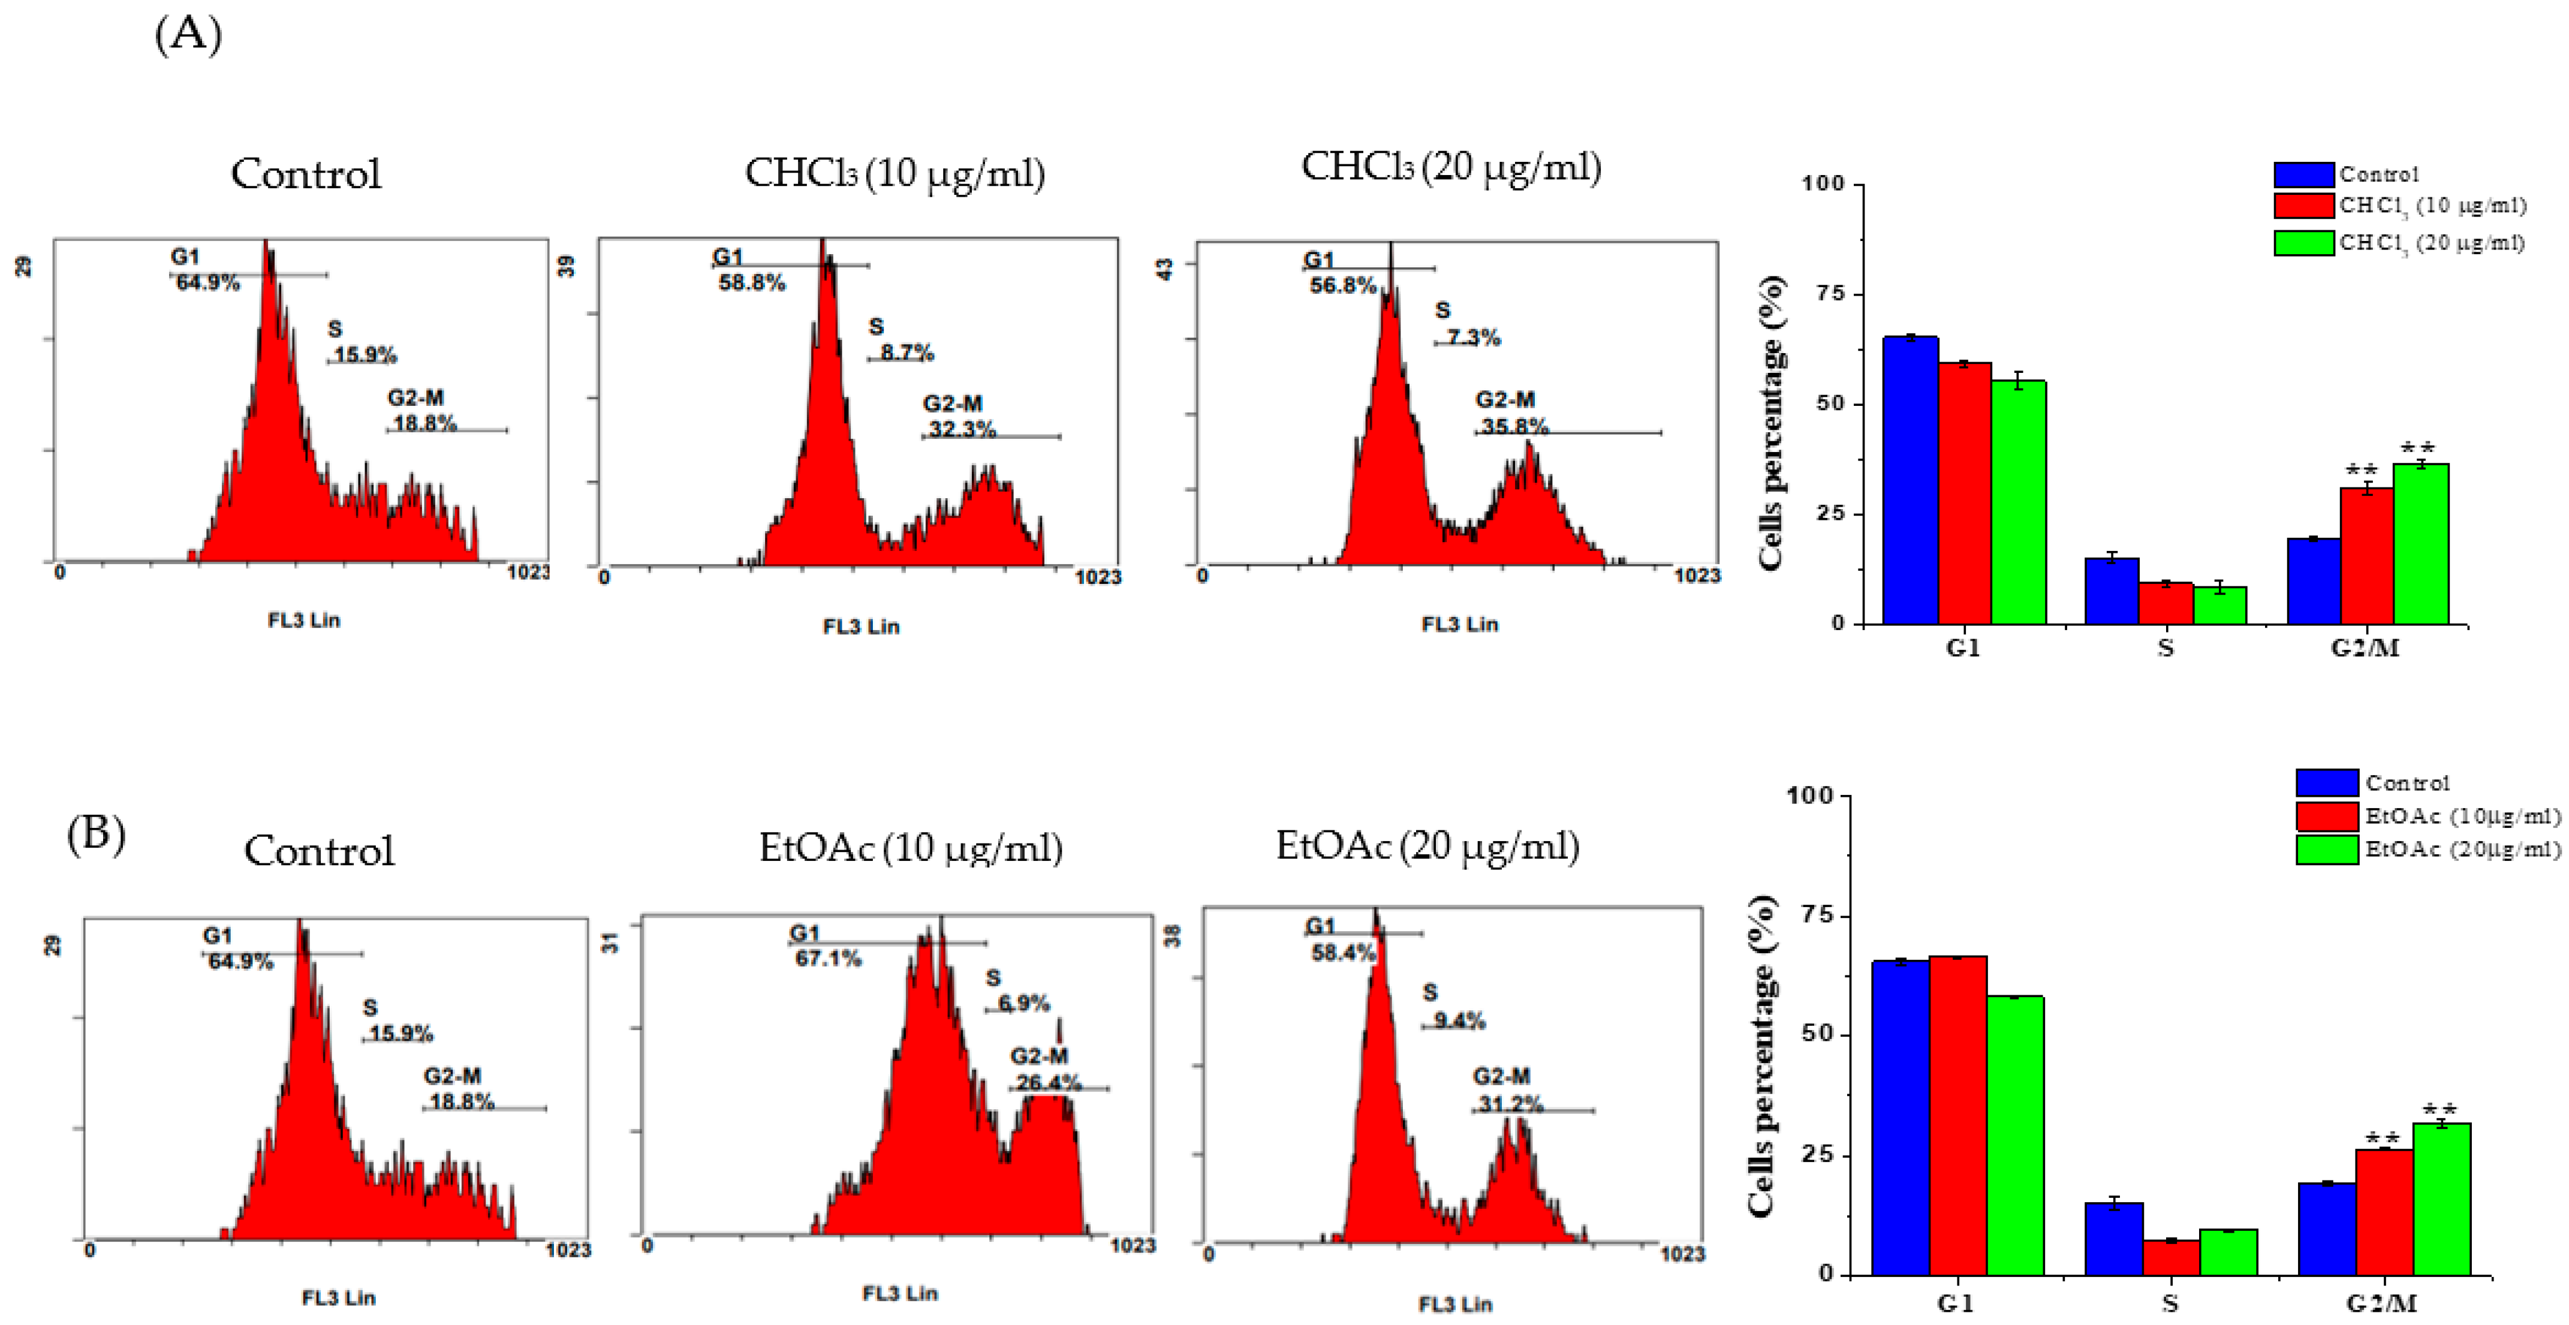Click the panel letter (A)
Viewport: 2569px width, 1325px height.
pyautogui.click(x=188, y=36)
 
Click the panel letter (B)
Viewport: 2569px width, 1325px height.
pyautogui.click(x=96, y=833)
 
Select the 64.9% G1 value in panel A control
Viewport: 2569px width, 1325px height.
pyautogui.click(x=207, y=283)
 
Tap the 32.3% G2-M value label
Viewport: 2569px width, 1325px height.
pyautogui.click(x=962, y=430)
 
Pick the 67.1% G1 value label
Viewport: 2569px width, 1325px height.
pyautogui.click(x=828, y=959)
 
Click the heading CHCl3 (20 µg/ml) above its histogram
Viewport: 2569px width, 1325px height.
pyautogui.click(x=1451, y=167)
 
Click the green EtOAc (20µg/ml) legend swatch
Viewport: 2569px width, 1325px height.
pyautogui.click(x=2327, y=850)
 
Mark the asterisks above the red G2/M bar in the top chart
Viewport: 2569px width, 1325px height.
pyautogui.click(x=2362, y=469)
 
